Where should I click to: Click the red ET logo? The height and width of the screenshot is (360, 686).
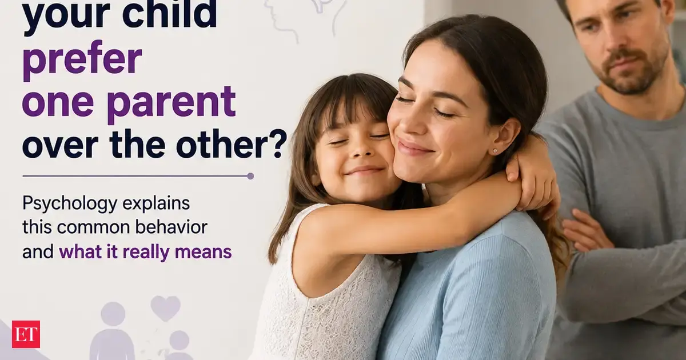[26, 334]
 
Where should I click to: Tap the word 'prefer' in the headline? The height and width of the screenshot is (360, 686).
[82, 61]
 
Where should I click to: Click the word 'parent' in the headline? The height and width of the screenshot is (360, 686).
[172, 103]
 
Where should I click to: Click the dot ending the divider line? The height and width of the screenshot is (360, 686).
[250, 176]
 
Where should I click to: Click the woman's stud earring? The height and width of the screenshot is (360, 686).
[495, 151]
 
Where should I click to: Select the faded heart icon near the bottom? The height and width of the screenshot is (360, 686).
[165, 308]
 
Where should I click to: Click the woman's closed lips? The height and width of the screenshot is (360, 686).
[412, 146]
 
